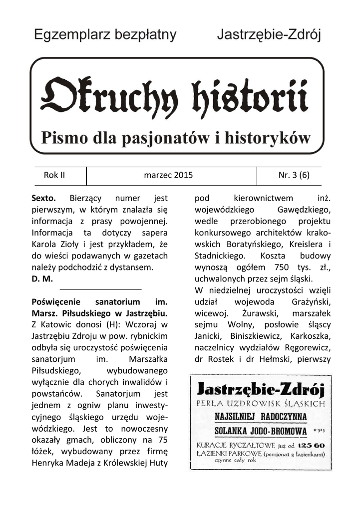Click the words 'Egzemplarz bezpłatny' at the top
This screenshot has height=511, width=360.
[x=105, y=34]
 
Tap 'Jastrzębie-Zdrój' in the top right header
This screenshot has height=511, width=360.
[x=269, y=35]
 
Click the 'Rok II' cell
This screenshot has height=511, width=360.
[x=54, y=175]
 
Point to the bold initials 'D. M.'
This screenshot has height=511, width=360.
[x=42, y=278]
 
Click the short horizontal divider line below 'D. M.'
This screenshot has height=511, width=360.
[x=100, y=289]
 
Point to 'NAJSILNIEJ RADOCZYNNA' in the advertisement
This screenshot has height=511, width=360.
[x=261, y=416]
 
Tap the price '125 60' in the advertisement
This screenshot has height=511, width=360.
[x=312, y=445]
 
